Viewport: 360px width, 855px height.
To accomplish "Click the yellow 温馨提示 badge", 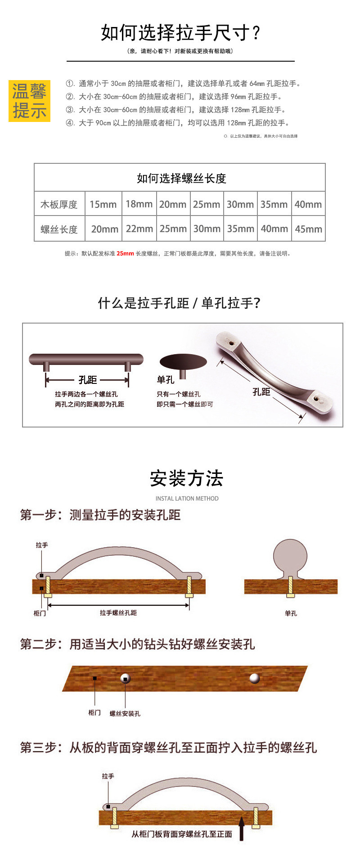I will click(x=29, y=101).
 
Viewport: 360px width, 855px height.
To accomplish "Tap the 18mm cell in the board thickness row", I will click(x=139, y=204).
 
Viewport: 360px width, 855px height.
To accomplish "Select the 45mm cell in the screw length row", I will click(x=308, y=229).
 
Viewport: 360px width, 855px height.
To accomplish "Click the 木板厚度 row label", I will click(x=59, y=204).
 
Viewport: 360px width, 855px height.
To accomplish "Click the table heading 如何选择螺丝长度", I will click(x=181, y=178).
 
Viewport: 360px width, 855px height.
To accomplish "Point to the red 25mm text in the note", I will click(x=125, y=253).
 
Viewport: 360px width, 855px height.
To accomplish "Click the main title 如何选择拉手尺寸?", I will click(x=180, y=33).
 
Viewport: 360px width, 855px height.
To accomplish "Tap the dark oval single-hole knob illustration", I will click(x=183, y=362).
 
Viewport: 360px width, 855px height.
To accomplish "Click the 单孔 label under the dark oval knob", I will click(x=165, y=380).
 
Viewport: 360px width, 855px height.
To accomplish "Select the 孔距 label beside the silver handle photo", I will click(x=261, y=392).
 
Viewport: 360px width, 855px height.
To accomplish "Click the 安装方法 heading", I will click(x=186, y=478).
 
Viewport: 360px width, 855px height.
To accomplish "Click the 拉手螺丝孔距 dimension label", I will click(x=118, y=613).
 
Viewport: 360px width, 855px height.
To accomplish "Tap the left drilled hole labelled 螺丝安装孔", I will click(x=126, y=678).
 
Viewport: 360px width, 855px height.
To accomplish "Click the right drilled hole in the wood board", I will click(x=255, y=678).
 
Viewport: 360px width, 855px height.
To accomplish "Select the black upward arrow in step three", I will click(x=242, y=828).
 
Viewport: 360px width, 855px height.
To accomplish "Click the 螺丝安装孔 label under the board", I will click(x=125, y=713).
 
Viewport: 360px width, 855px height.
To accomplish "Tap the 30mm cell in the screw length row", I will click(x=207, y=229).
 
